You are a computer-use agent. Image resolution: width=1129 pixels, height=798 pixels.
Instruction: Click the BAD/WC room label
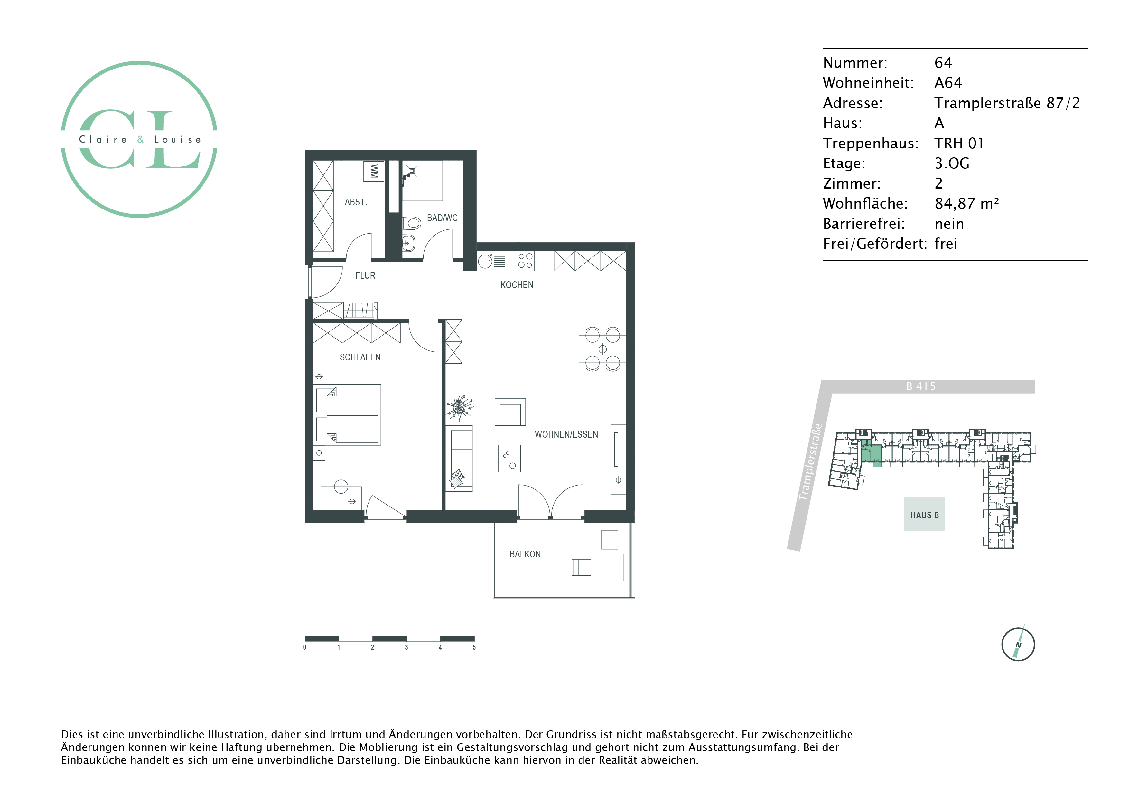tap(442, 218)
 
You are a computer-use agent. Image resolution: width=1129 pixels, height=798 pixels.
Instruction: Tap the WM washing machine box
tap(374, 171)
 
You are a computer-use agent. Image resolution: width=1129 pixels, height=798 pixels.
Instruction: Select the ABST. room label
tap(356, 202)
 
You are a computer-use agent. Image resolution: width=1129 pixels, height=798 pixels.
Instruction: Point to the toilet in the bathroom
tap(412, 224)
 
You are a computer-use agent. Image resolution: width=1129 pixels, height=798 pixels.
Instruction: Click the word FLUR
tap(365, 276)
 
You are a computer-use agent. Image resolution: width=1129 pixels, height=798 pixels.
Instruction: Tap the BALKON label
tap(525, 554)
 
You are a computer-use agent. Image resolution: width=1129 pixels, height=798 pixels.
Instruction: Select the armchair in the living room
tap(510, 412)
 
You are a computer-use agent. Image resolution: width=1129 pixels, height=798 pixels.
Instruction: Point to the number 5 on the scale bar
tap(474, 647)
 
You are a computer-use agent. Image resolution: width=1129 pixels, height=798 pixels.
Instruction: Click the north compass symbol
tap(1018, 643)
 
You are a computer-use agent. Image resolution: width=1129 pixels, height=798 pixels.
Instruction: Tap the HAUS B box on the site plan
tap(924, 514)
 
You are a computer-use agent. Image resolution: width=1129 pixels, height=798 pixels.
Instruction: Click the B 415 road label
tap(921, 386)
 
